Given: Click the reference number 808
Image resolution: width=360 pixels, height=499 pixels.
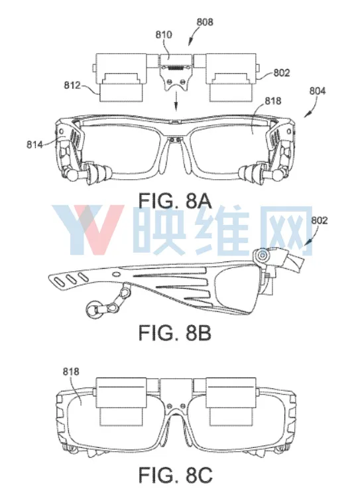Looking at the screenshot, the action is click(205, 22).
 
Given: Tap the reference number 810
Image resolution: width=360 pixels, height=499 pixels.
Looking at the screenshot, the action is click(164, 35).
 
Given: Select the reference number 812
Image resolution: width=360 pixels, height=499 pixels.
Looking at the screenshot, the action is click(72, 86).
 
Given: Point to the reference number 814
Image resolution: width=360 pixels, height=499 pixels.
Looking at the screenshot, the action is click(34, 145).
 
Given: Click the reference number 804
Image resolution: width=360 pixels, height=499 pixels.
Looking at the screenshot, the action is click(318, 91).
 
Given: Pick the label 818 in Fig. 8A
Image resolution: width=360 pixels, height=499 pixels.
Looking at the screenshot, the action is click(273, 101).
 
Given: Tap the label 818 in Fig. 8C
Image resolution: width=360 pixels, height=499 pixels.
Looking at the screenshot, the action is click(70, 372).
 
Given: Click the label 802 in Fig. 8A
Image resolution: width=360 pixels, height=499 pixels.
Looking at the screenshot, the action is click(282, 73).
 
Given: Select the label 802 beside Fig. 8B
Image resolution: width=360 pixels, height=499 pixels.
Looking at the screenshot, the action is click(319, 220).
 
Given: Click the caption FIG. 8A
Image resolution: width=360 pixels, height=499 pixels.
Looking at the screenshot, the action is click(175, 202).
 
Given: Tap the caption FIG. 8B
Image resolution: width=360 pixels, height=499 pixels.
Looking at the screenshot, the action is click(175, 333).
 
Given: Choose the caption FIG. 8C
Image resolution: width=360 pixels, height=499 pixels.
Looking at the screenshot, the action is click(175, 475).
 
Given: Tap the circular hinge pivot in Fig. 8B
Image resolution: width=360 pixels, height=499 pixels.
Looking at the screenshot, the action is click(263, 255).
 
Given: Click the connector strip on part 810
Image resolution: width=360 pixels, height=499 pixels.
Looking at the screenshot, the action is click(176, 68).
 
